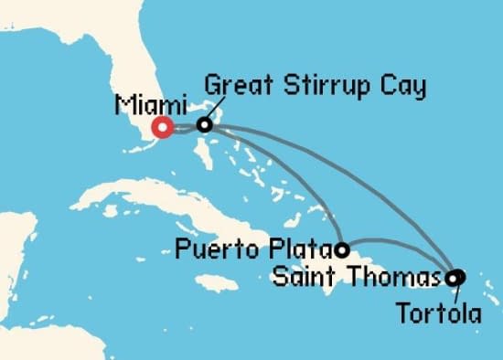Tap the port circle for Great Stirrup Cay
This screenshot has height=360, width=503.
(x=206, y=125)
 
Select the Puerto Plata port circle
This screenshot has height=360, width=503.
(x=342, y=249)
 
